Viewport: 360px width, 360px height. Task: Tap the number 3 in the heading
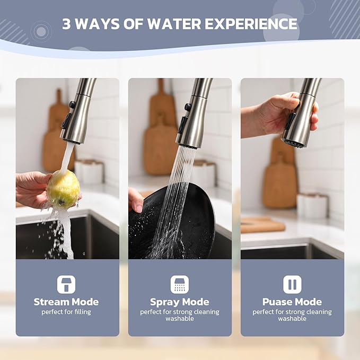pos(66,24)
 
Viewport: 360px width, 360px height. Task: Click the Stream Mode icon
pos(67,285)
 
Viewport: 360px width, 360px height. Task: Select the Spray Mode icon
pos(180,285)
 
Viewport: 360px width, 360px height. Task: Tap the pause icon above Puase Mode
pos(292,285)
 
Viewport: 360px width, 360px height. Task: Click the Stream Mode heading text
pos(67,302)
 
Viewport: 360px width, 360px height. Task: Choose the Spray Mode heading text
pos(180,302)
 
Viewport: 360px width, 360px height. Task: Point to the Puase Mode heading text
pos(292,302)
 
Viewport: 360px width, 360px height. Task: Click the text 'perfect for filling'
pos(67,312)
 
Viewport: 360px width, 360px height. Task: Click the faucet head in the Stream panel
pos(77,117)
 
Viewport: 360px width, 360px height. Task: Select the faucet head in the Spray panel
pos(194,119)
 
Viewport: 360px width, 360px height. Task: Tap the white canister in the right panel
pos(312,206)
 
